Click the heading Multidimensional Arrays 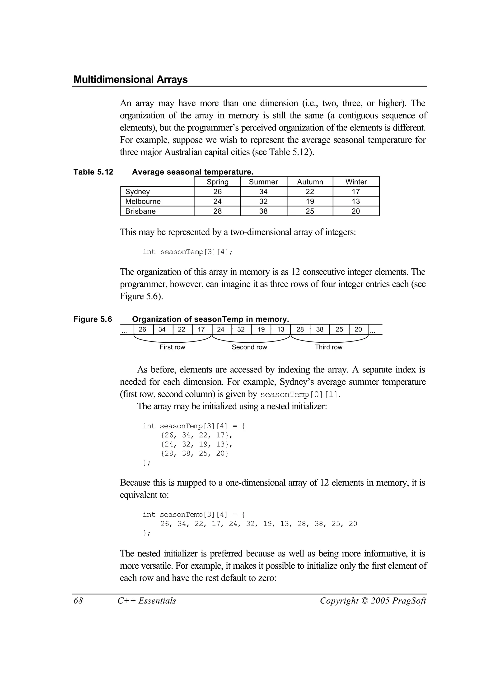[x=131, y=79]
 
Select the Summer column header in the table [x=263, y=182]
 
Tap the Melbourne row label [x=143, y=201]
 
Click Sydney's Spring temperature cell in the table [x=217, y=192]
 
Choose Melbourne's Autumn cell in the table [x=310, y=201]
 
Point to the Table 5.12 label [x=93, y=172]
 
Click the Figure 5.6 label [x=93, y=319]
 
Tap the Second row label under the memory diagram [x=249, y=347]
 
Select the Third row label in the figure [x=328, y=347]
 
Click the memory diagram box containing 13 [x=281, y=330]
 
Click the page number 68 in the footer [x=78, y=601]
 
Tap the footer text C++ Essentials [x=147, y=601]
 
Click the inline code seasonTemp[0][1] [x=300, y=395]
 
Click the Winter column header [x=356, y=182]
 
